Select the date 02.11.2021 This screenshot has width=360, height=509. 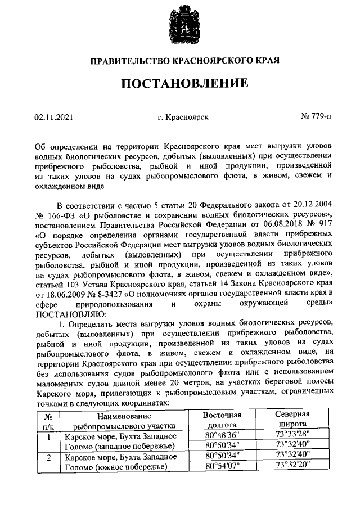(53, 118)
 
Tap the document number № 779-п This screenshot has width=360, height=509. (317, 118)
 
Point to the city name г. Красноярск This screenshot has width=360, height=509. (183, 118)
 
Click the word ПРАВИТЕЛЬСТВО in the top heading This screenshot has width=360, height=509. (126, 60)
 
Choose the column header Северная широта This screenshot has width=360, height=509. (293, 420)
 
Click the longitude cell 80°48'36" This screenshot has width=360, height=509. (222, 435)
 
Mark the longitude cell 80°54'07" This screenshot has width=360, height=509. (222, 466)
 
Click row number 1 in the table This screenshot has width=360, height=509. (48, 438)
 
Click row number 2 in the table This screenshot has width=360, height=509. (48, 458)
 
